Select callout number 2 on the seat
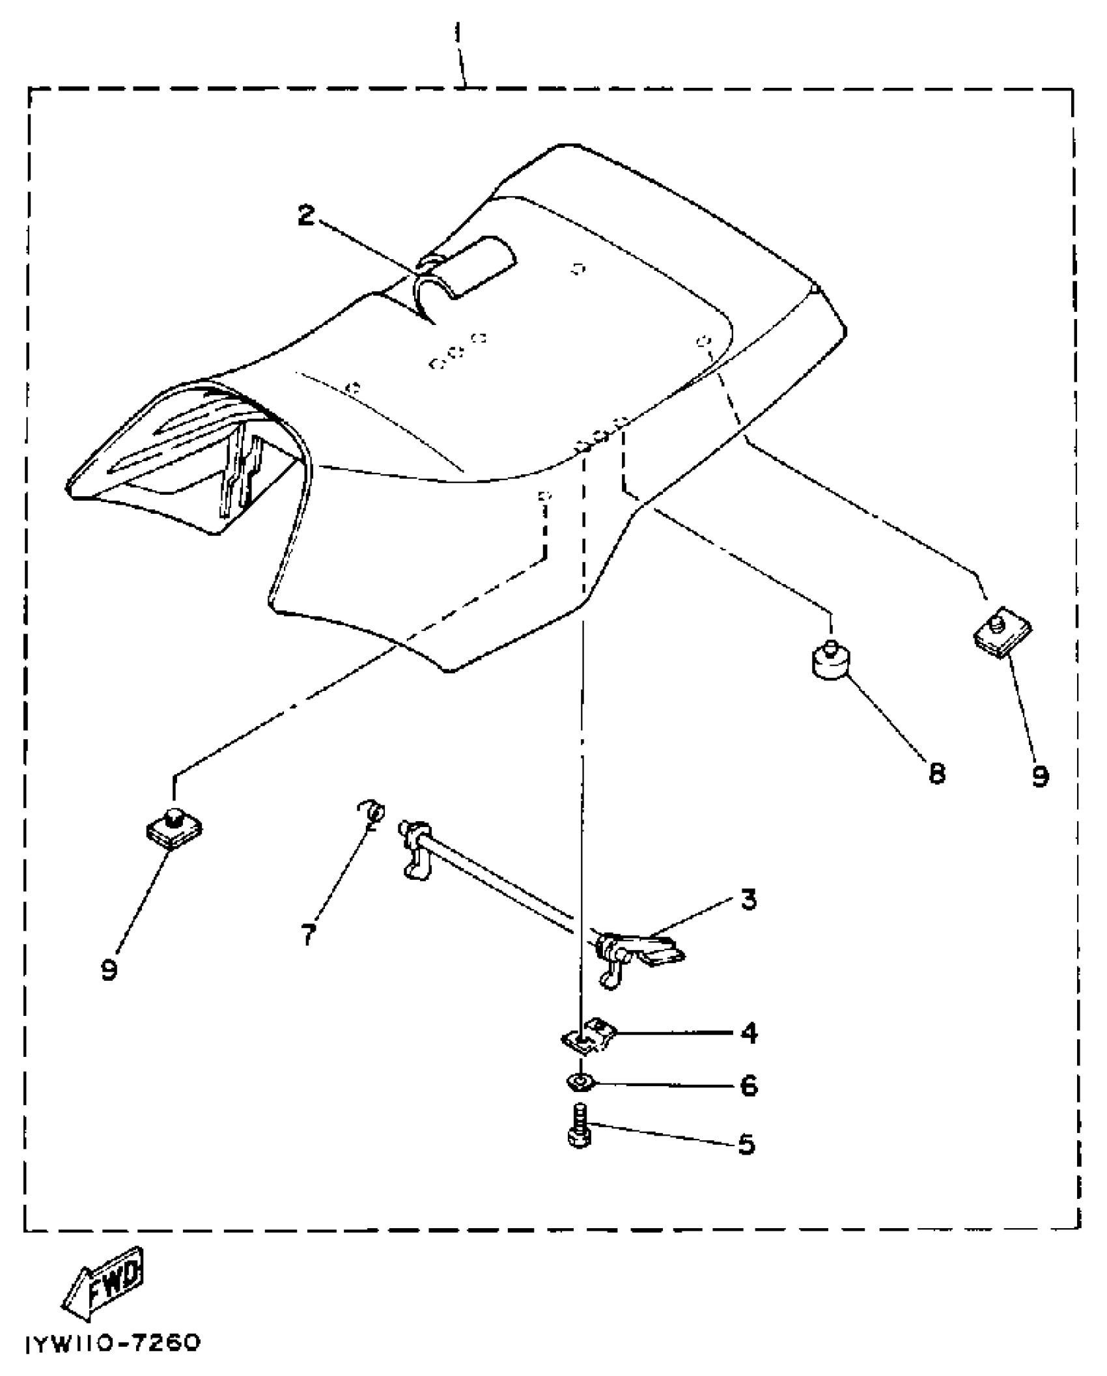click(307, 216)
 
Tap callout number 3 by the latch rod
click(749, 900)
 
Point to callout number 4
click(750, 1033)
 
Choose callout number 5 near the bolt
click(747, 1144)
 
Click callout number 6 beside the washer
click(750, 1085)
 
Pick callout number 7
click(308, 934)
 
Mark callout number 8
click(937, 774)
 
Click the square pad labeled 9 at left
click(173, 828)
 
